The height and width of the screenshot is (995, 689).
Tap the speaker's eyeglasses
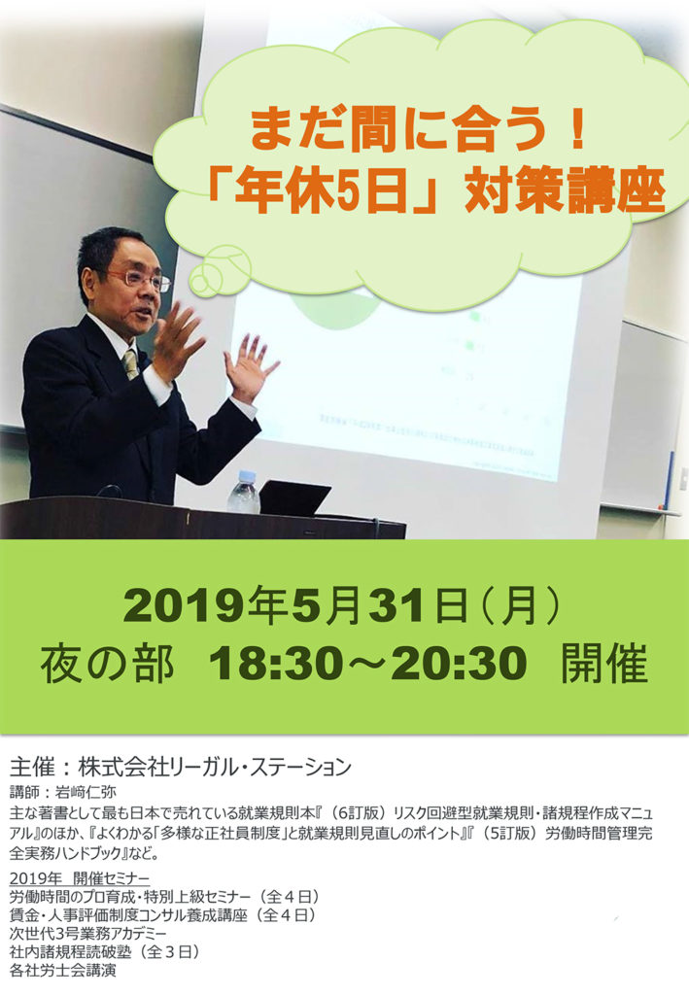pos(140,279)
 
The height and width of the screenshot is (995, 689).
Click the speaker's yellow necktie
pos(130,363)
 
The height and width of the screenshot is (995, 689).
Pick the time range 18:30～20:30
pos(367,664)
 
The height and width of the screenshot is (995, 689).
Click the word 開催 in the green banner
pos(604,664)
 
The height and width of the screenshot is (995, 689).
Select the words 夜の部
pos(107,664)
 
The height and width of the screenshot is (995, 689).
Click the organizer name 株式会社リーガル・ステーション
pos(215,767)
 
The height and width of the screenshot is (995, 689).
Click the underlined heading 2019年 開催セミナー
pos(80,878)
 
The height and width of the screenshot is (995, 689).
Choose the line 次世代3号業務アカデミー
pos(88,934)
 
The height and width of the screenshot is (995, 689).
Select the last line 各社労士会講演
pos(63,971)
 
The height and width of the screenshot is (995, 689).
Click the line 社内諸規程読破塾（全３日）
pos(105,952)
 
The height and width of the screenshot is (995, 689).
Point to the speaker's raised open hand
pos(252,366)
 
